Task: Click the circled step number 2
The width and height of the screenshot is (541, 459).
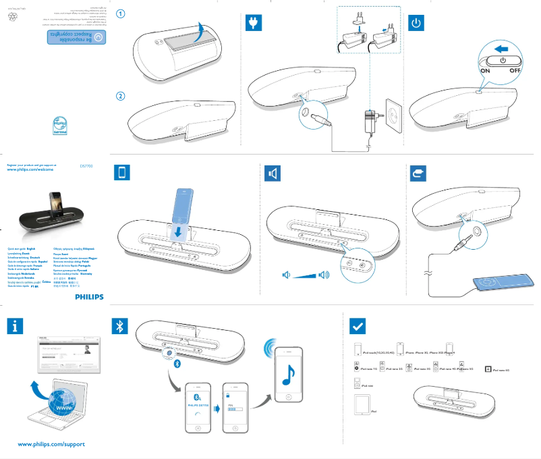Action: [119, 97]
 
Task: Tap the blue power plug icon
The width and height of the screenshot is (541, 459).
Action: [254, 23]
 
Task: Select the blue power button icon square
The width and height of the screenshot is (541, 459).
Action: [418, 23]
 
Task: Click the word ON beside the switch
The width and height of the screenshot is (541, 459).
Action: [486, 70]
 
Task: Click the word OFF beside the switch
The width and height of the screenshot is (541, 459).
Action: [516, 70]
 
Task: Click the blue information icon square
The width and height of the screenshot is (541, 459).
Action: [16, 326]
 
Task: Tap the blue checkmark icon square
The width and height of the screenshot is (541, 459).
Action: [358, 327]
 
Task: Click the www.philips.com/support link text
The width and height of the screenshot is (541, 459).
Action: [51, 445]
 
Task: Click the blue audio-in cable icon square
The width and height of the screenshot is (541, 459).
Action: [418, 173]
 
